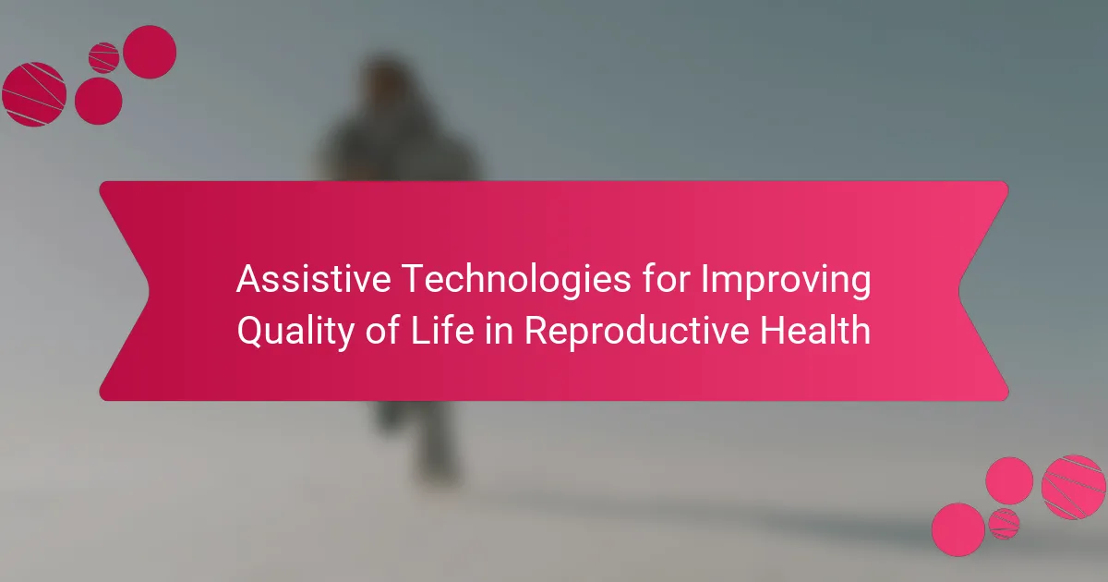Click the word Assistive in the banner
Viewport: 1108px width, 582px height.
tap(314, 279)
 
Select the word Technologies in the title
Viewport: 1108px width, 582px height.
tap(516, 280)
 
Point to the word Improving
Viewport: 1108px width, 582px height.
tap(786, 280)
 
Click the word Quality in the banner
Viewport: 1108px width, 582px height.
tap(295, 332)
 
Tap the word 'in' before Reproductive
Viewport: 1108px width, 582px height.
tap(498, 330)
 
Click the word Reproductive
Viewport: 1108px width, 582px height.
tap(636, 332)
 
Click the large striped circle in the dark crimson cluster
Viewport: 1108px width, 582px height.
tap(34, 94)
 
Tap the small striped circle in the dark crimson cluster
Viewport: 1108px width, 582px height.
tap(103, 58)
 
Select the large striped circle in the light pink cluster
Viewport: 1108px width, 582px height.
tap(1073, 488)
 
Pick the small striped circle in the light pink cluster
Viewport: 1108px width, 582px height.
tap(1004, 524)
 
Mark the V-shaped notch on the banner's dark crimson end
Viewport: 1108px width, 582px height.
tap(149, 291)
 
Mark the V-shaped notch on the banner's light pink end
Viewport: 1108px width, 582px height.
tap(959, 291)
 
